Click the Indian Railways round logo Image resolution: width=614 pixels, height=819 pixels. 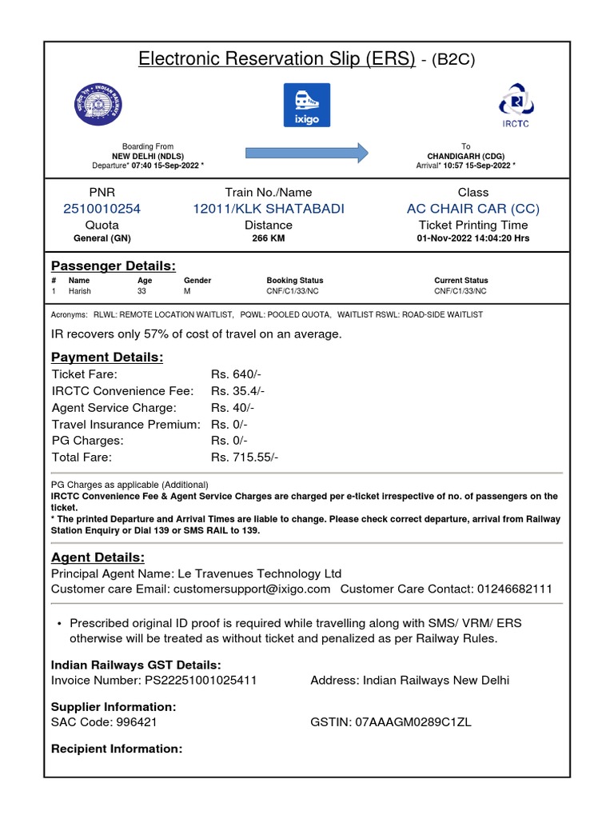[x=94, y=104]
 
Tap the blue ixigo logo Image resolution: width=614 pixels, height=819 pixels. [x=306, y=105]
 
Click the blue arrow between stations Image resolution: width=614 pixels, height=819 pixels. [x=306, y=152]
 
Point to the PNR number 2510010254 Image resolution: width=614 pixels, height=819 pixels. [x=102, y=209]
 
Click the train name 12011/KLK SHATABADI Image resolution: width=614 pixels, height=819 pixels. [x=269, y=209]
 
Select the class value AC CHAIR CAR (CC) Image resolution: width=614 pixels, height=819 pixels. [x=473, y=209]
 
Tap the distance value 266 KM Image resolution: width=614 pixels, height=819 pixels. [x=269, y=238]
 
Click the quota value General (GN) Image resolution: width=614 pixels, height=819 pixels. [x=102, y=238]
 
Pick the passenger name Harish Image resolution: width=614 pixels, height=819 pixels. [x=80, y=292]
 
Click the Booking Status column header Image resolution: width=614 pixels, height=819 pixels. [x=295, y=281]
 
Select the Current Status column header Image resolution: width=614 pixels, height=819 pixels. [x=461, y=281]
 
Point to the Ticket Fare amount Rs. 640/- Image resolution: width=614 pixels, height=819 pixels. [x=236, y=374]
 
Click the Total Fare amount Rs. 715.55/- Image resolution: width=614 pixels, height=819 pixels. [x=245, y=457]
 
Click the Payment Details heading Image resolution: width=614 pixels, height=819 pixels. [x=107, y=358]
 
